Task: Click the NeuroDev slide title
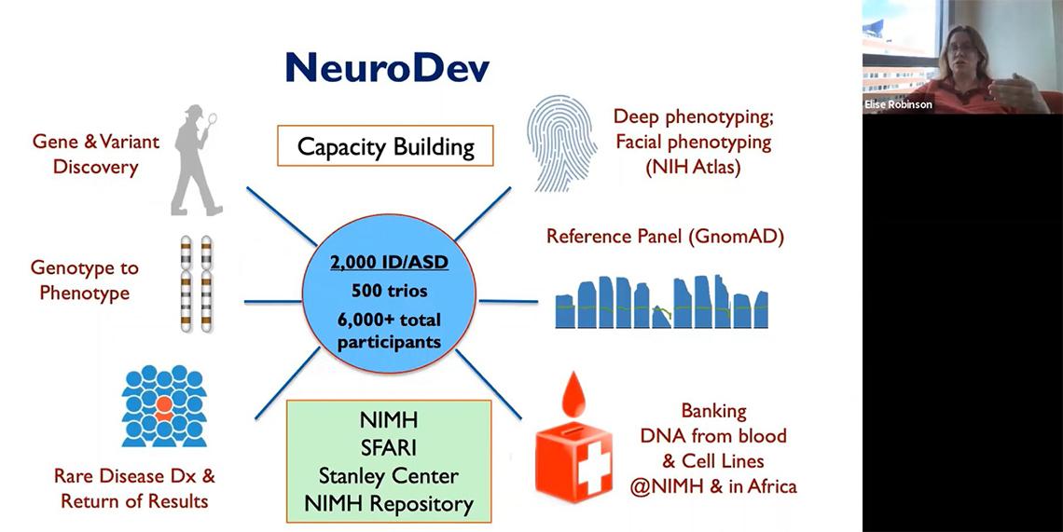[x=387, y=68]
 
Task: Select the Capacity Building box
[x=385, y=145]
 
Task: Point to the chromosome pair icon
[x=191, y=283]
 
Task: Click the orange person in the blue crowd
[x=162, y=404]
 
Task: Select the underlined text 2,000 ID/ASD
[x=390, y=263]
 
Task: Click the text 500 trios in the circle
[x=390, y=291]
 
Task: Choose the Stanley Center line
[x=389, y=476]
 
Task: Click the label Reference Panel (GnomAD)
[x=665, y=237]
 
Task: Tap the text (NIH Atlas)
[x=692, y=169]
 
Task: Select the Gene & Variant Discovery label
[x=96, y=155]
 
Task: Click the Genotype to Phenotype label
[x=84, y=280]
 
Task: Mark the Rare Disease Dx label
[x=134, y=476]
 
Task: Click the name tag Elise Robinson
[x=898, y=105]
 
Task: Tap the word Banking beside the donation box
[x=713, y=411]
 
